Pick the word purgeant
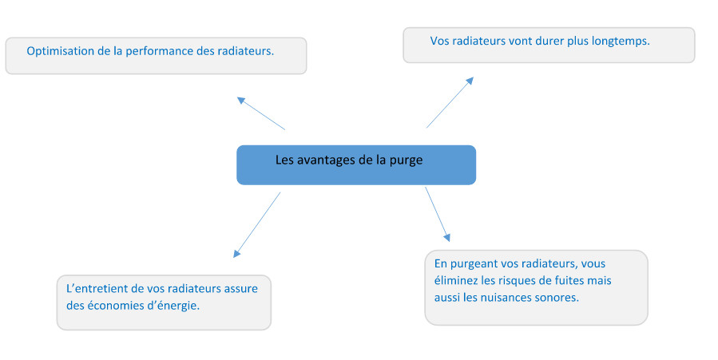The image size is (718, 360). click(474, 264)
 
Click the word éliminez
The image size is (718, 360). click(454, 280)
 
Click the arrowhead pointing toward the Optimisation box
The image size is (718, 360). click(241, 100)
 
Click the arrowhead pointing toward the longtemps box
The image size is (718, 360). click(470, 81)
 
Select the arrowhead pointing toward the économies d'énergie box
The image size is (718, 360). click(236, 253)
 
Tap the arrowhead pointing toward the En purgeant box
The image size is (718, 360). click(447, 237)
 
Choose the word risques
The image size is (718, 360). click(518, 281)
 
